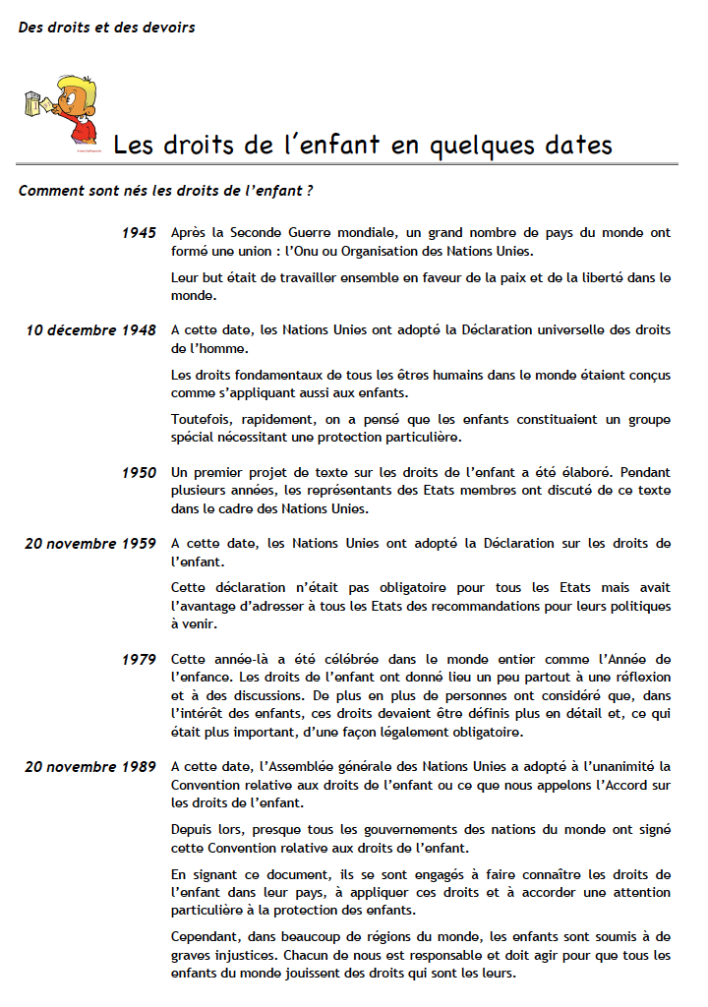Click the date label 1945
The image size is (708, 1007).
click(x=139, y=233)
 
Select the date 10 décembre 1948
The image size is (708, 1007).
click(x=91, y=329)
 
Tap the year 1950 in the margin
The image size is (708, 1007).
click(x=139, y=473)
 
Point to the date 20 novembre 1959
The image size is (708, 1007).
click(x=90, y=543)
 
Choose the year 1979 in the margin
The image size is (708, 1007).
click(x=139, y=659)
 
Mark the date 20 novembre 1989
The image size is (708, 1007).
click(x=90, y=766)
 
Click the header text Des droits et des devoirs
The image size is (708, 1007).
click(x=106, y=28)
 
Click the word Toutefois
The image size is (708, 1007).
click(x=202, y=420)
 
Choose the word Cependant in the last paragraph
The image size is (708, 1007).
click(x=206, y=937)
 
